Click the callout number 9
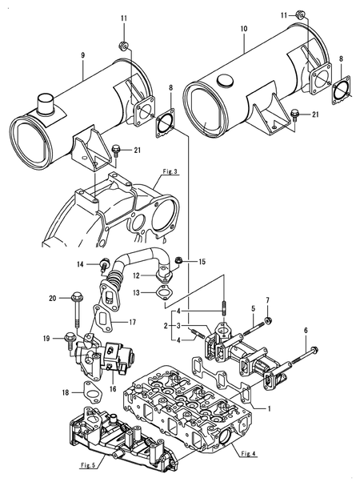(82, 55)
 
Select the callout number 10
(243, 27)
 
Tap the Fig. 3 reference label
(169, 171)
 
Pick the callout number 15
(202, 262)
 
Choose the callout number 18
(63, 394)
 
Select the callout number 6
(305, 330)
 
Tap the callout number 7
(267, 301)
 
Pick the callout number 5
(253, 308)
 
